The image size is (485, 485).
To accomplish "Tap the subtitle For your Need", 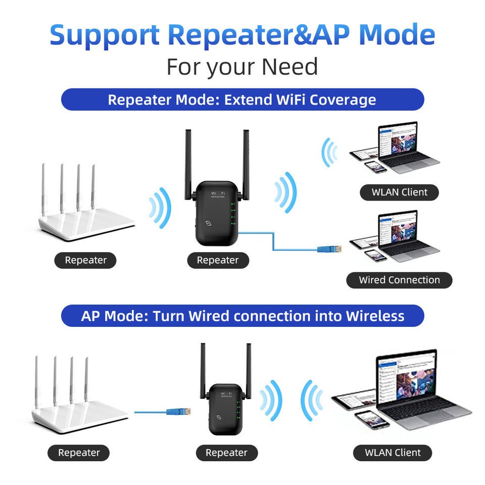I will point(242,67).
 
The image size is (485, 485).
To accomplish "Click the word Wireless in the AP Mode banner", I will point(375,316).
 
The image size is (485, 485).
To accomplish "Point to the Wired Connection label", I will point(399,280).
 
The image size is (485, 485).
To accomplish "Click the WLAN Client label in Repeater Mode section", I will point(399,192).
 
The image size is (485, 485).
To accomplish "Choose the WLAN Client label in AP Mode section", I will point(393,453).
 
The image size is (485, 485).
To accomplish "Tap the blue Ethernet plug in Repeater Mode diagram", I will point(329,249).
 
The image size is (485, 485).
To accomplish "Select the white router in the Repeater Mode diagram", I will point(86,212).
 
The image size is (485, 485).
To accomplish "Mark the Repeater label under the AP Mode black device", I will point(226,453).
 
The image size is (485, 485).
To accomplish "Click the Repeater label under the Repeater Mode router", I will point(85,260).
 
